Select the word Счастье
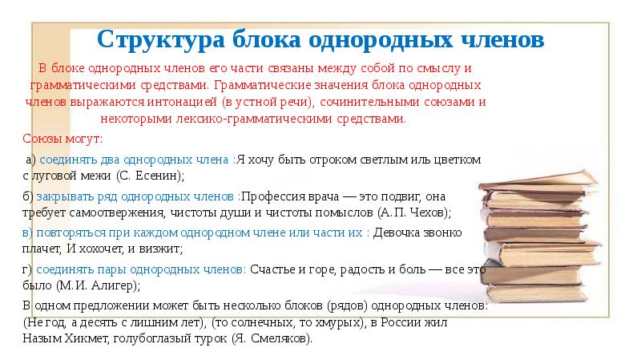coord(274,270)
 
